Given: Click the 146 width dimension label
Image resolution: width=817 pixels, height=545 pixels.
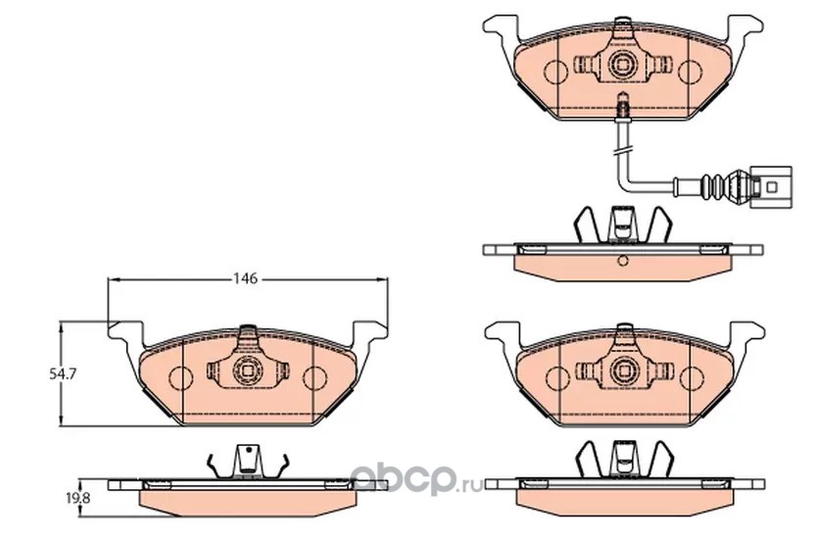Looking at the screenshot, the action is [245, 279].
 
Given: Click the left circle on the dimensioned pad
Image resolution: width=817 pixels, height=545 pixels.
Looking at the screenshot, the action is [180, 378].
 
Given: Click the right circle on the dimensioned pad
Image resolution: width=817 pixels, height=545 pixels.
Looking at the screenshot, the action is [314, 378].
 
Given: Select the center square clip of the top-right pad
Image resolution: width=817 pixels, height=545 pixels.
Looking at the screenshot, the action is [623, 65].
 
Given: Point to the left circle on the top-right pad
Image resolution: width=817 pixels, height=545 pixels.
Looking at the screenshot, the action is [556, 72].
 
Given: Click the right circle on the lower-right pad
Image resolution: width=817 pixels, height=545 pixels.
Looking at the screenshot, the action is [691, 378].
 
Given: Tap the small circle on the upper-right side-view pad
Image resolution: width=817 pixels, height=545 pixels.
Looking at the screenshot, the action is [622, 260].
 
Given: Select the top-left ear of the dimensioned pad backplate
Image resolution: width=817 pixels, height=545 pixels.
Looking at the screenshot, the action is [124, 332].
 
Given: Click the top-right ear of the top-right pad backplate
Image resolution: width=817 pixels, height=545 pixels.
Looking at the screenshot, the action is [745, 27].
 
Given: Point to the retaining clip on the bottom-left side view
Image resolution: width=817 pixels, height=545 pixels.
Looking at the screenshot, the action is [247, 462].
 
